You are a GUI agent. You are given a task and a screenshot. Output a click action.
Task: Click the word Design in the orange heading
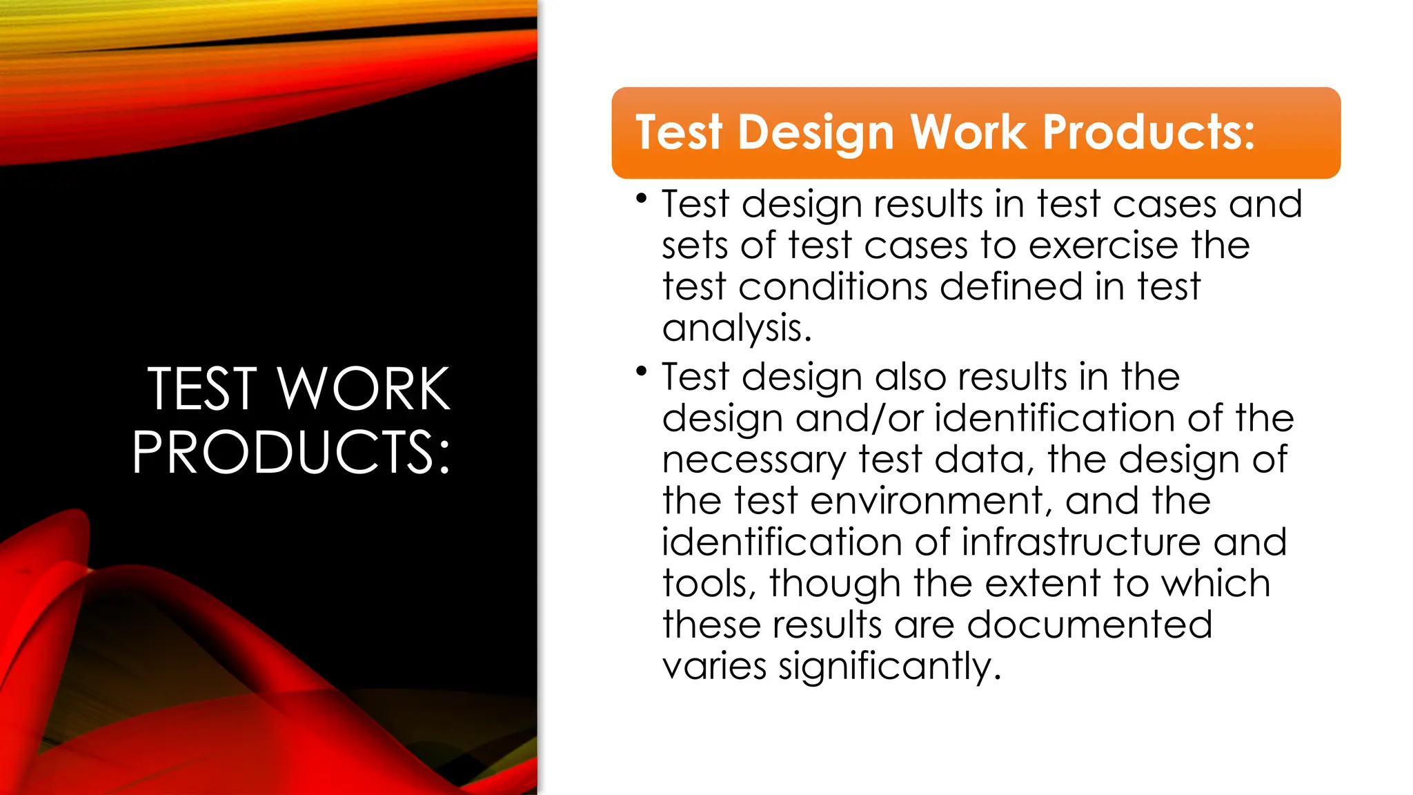tap(816, 132)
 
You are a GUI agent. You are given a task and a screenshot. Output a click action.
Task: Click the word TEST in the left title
tap(202, 389)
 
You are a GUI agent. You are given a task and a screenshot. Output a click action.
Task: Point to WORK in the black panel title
tap(364, 389)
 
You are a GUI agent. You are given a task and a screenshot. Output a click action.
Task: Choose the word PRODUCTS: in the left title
tap(291, 452)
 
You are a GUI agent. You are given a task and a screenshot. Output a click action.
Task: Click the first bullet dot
tap(642, 199)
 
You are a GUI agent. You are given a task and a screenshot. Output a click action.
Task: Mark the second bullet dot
tap(642, 371)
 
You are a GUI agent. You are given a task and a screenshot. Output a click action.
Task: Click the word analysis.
tap(736, 328)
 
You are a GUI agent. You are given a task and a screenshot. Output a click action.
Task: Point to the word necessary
tap(753, 460)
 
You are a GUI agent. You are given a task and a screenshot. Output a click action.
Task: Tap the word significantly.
tap(889, 667)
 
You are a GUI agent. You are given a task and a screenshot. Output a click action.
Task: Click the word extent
tap(1043, 584)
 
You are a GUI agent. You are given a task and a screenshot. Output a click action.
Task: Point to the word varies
tap(714, 667)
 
